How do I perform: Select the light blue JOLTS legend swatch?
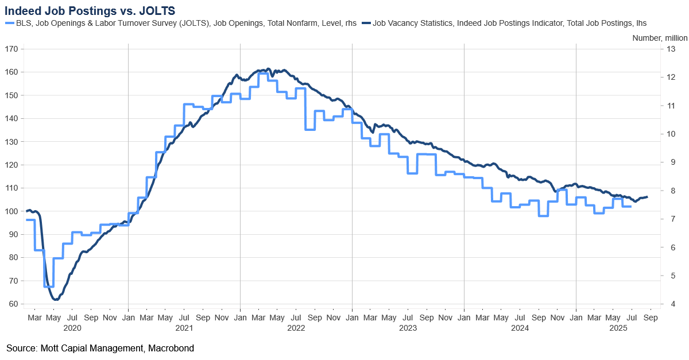[8, 23]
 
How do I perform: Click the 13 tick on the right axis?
[669, 49]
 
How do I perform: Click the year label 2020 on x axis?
[72, 328]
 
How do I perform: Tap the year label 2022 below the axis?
[296, 328]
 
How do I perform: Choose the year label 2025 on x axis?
[618, 328]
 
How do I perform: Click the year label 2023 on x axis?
[408, 328]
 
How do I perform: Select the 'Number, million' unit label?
[659, 38]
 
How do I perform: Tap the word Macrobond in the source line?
[173, 348]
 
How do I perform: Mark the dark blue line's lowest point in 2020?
[56, 299]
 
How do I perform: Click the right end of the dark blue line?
[647, 197]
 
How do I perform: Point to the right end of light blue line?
[631, 206]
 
